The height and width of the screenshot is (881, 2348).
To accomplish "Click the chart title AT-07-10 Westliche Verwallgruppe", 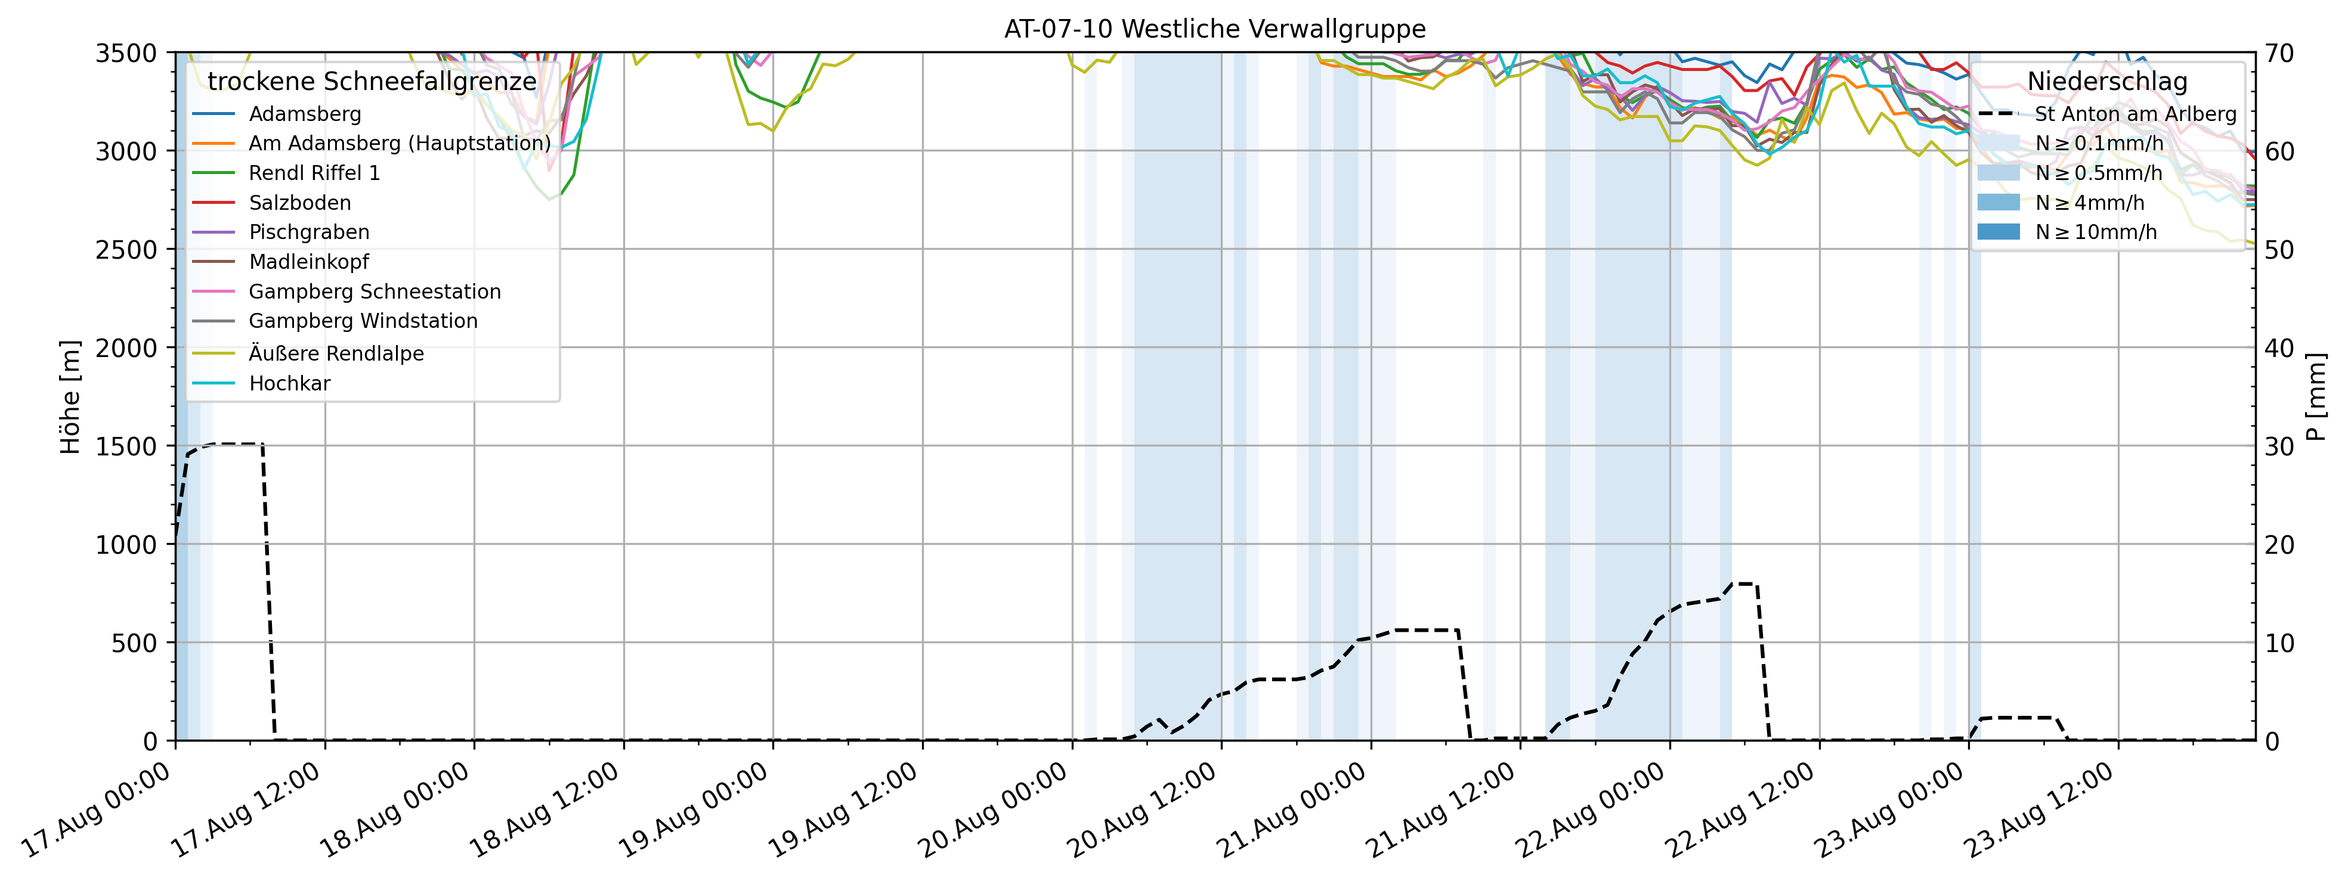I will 1214,29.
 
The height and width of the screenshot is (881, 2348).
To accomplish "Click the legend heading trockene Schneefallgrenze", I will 372,82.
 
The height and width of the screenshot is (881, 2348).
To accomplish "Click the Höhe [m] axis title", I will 71,397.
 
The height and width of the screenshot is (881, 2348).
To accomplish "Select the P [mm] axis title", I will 2316,397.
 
